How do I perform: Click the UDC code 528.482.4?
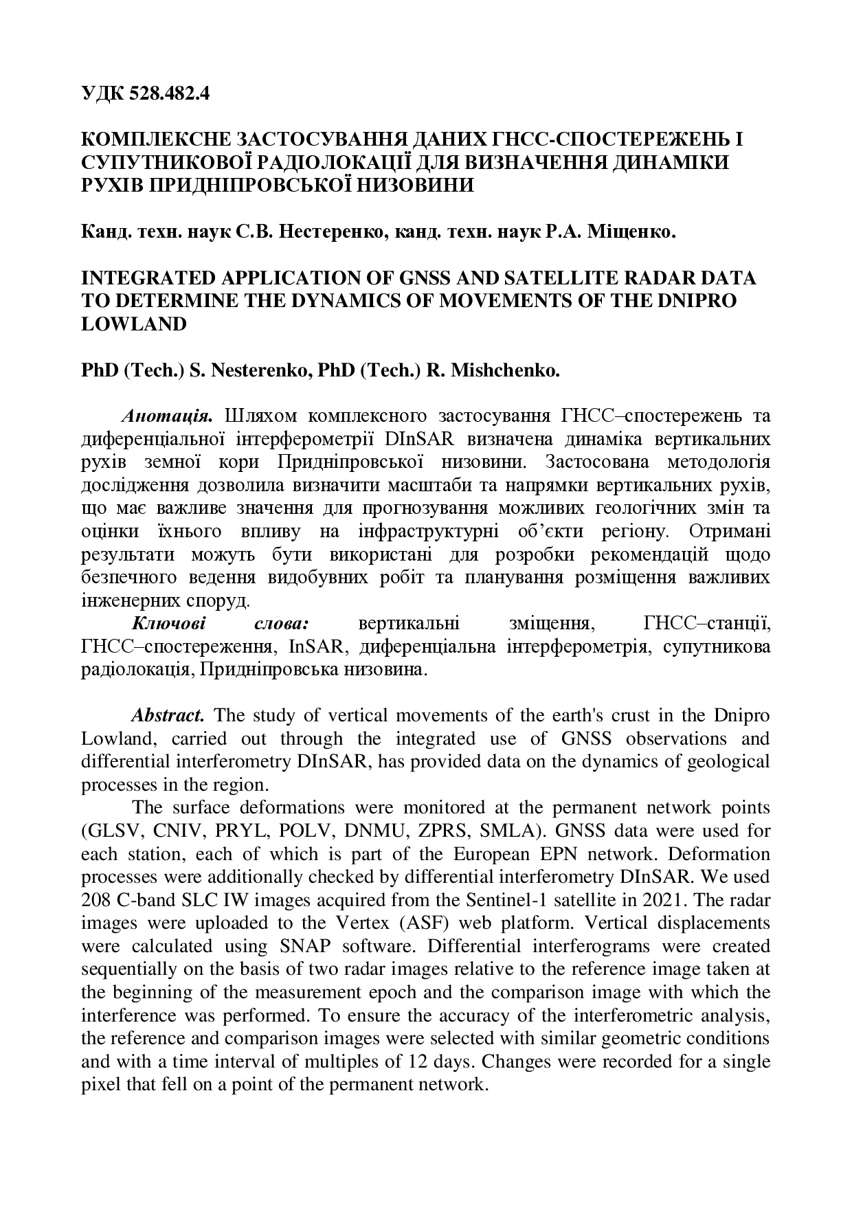(168, 93)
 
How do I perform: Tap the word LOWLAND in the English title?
(134, 324)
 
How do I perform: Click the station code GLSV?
(113, 831)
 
